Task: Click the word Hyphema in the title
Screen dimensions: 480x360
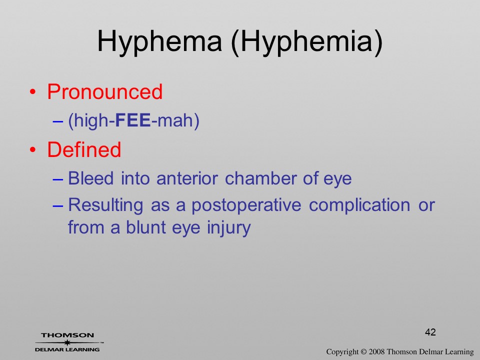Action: click(x=159, y=42)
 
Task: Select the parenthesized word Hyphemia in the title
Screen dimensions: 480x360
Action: click(x=307, y=42)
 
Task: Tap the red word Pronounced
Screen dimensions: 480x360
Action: click(x=104, y=91)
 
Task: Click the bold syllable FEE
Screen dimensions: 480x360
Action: click(x=133, y=119)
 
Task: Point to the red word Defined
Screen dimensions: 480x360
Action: click(x=84, y=149)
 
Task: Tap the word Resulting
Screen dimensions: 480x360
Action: click(x=105, y=205)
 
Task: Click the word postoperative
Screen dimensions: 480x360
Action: click(x=246, y=205)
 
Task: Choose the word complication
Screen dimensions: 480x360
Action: click(x=359, y=205)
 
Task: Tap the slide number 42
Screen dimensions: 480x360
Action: click(x=430, y=332)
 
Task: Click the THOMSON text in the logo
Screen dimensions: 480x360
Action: click(x=67, y=335)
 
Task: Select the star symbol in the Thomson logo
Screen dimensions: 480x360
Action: click(x=67, y=342)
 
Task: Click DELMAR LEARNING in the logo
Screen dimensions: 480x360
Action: click(x=67, y=349)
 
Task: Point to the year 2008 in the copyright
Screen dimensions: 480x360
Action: click(x=376, y=351)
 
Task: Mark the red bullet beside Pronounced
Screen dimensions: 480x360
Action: click(x=32, y=92)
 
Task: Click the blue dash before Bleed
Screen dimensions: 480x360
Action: click(x=57, y=179)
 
